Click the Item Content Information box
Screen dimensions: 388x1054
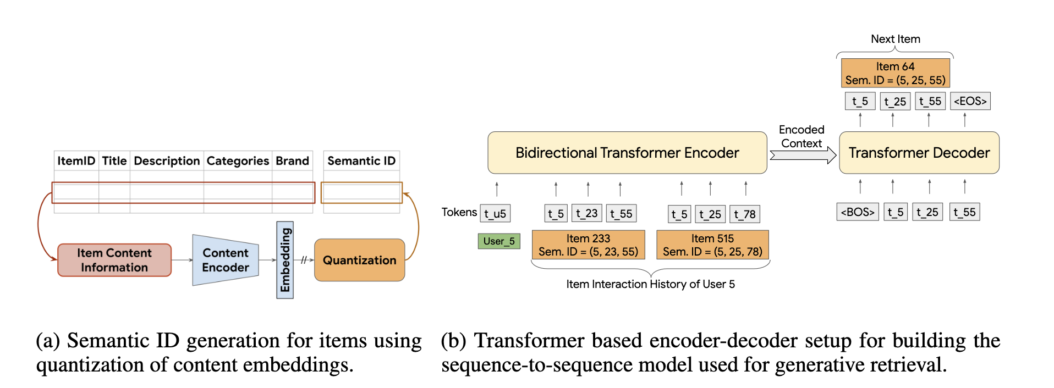click(x=114, y=260)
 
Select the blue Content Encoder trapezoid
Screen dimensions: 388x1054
click(x=225, y=260)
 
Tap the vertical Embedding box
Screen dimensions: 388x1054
click(x=285, y=260)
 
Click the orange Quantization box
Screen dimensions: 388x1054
click(x=359, y=260)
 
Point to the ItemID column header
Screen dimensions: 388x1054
click(x=76, y=161)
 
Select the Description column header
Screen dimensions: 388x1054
click(x=167, y=161)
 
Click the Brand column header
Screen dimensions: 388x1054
click(x=292, y=161)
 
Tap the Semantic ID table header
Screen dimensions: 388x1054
click(x=361, y=161)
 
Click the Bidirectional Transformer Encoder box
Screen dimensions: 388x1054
click(x=627, y=153)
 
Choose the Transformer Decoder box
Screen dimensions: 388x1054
click(x=919, y=153)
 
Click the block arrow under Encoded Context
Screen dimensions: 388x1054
click(x=803, y=156)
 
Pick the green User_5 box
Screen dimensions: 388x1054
click(x=499, y=241)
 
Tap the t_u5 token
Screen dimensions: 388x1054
click(x=495, y=214)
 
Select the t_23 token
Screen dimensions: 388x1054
click(x=587, y=214)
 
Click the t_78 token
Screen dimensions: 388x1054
click(x=745, y=214)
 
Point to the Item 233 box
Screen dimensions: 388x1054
click(x=588, y=245)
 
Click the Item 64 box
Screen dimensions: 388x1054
click(x=895, y=73)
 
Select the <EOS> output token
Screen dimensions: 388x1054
click(x=970, y=101)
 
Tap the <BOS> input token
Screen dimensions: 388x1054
click(x=858, y=212)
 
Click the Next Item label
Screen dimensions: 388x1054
click(x=895, y=39)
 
